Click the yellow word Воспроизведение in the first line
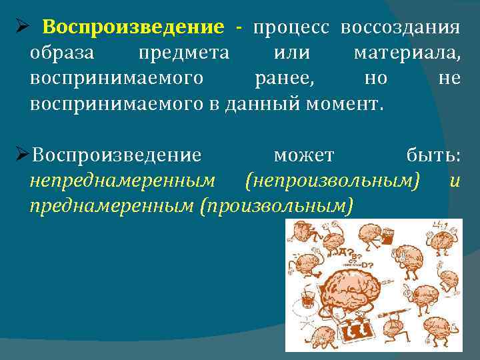tap(133, 28)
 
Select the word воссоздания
tap(400, 28)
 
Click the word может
tap(304, 156)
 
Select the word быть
tap(433, 156)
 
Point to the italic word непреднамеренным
tap(122, 181)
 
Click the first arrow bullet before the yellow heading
tap(21, 29)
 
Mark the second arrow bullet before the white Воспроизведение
tap(21, 156)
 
